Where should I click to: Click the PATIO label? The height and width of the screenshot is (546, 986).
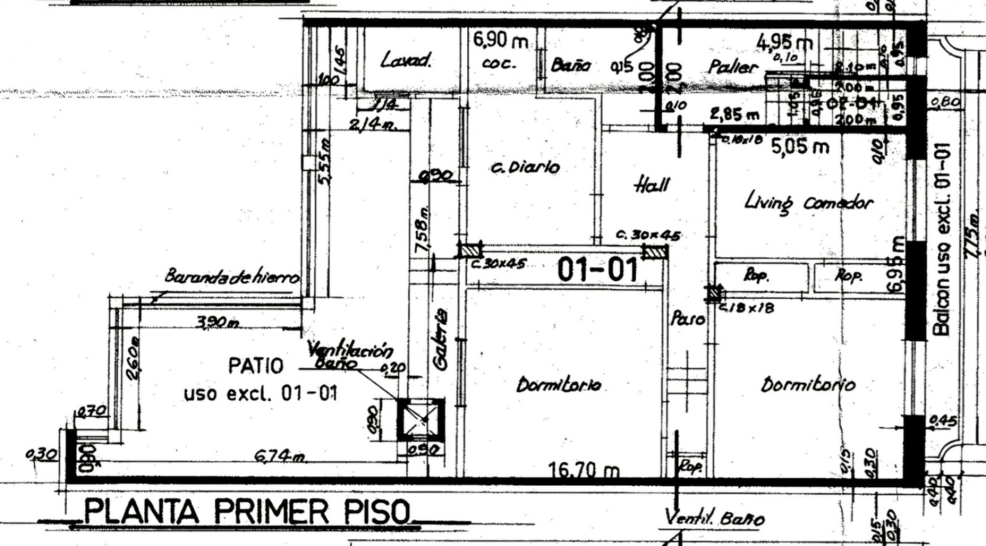(x=256, y=365)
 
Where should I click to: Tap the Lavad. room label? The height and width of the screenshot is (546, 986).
(x=406, y=60)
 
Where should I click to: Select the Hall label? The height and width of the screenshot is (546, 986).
(x=652, y=184)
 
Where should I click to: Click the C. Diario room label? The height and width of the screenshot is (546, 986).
(x=526, y=167)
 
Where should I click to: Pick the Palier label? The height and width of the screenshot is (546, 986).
(x=733, y=67)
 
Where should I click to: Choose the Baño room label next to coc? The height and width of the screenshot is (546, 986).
(x=570, y=64)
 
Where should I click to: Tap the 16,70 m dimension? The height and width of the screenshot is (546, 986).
(x=584, y=471)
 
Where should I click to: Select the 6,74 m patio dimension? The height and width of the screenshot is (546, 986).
(x=280, y=456)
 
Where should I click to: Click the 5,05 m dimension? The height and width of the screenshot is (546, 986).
(x=800, y=147)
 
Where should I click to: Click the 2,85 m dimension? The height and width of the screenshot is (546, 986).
(x=734, y=114)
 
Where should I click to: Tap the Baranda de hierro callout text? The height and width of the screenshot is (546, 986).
(x=232, y=277)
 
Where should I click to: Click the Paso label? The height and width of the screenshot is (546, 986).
(x=688, y=318)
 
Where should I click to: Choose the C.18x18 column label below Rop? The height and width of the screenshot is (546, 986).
(x=747, y=308)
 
